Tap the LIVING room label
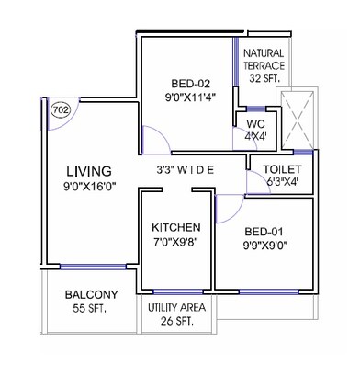click(x=89, y=170)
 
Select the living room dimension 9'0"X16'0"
click(x=89, y=188)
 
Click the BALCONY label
click(x=89, y=296)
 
